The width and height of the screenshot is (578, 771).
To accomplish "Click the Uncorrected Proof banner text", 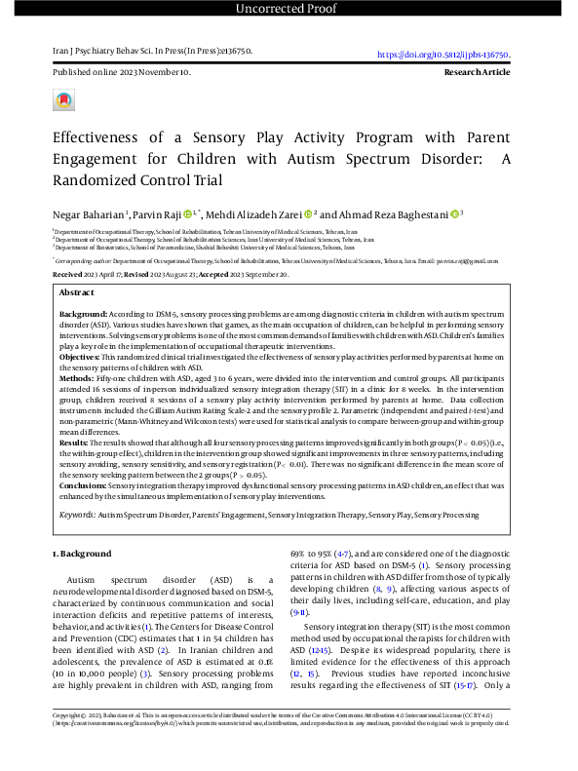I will [x=289, y=9].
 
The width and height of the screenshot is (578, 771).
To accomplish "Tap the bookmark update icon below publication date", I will [x=63, y=100].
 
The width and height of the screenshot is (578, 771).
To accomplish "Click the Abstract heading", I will [x=77, y=292].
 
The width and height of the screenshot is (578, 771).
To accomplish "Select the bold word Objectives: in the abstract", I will [x=82, y=358].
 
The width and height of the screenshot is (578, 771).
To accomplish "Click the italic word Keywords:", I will [x=77, y=513].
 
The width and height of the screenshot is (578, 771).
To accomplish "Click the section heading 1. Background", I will [x=81, y=554].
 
